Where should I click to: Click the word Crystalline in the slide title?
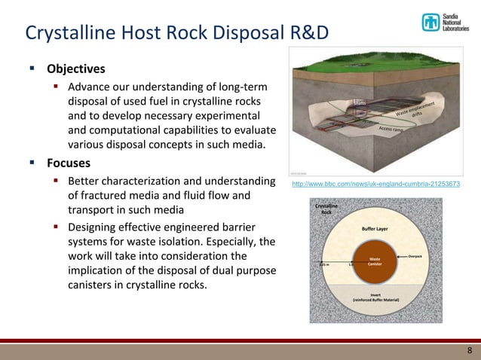[70, 34]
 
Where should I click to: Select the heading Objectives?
[75, 69]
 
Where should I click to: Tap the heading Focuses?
[69, 163]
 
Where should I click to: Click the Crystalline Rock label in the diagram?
[326, 209]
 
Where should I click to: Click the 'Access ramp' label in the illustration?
[391, 130]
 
